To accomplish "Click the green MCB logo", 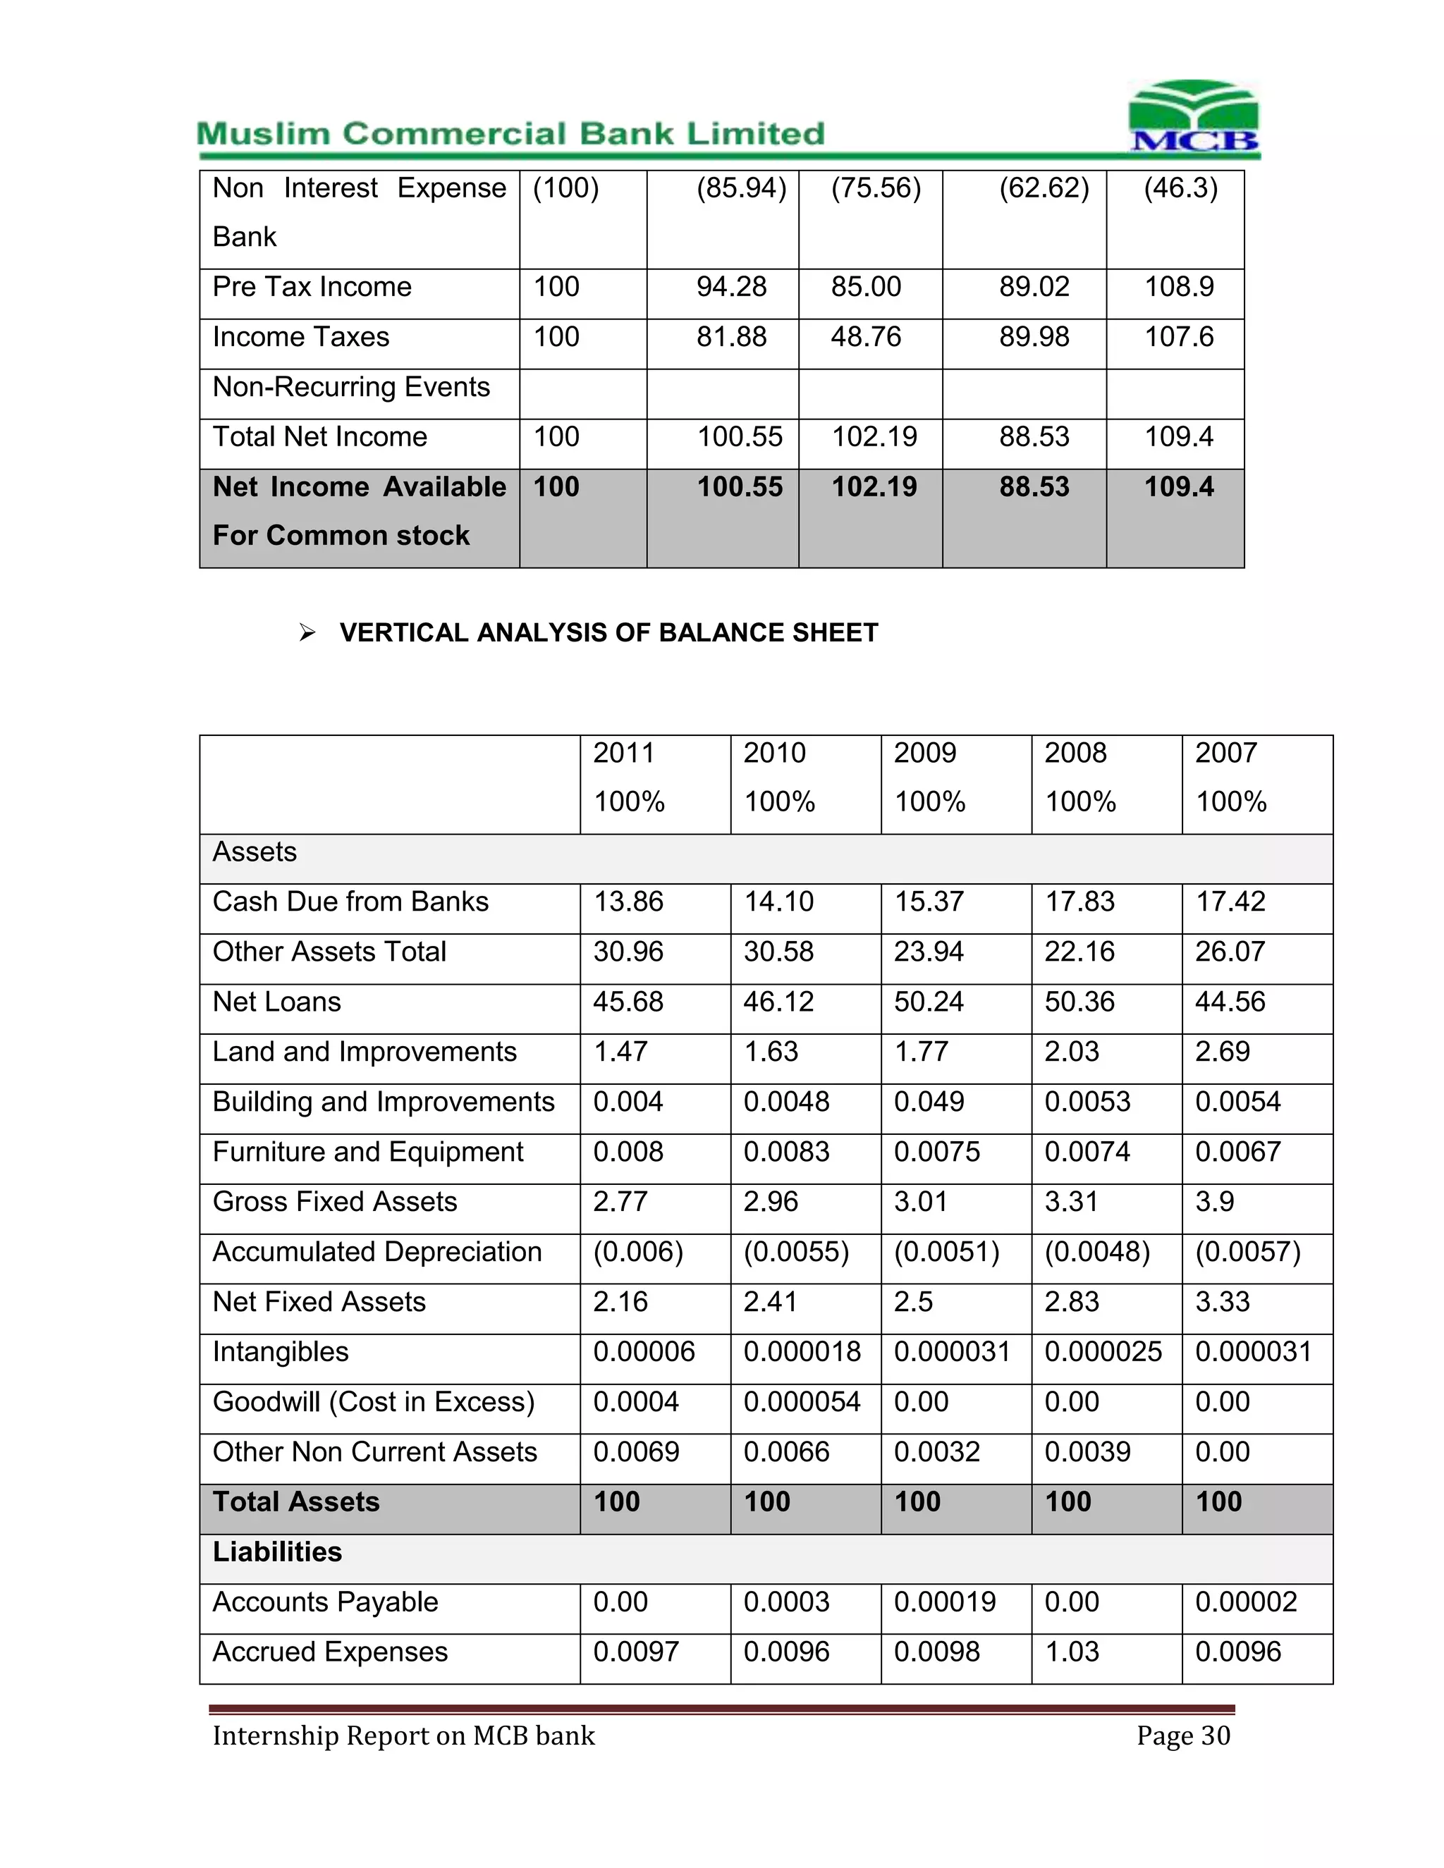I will (1194, 117).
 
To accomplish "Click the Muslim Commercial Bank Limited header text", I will (510, 134).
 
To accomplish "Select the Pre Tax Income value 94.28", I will (730, 286).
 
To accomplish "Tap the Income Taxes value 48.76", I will (866, 337).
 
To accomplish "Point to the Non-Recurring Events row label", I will (350, 388).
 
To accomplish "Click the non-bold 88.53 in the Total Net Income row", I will (1034, 437).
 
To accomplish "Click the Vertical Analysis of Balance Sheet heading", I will (608, 633).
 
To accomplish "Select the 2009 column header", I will (925, 754).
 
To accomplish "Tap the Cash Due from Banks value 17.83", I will (1079, 902).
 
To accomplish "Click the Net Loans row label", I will (276, 1002).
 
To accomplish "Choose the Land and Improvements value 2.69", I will (1222, 1051).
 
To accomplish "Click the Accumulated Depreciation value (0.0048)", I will (1096, 1252).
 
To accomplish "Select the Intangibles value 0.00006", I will (643, 1352).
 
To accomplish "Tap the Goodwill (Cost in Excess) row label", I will (373, 1402).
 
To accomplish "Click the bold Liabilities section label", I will (277, 1552).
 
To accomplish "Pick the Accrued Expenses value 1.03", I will (1071, 1652).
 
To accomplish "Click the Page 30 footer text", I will (1183, 1735).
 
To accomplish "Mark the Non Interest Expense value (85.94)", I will (741, 188).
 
